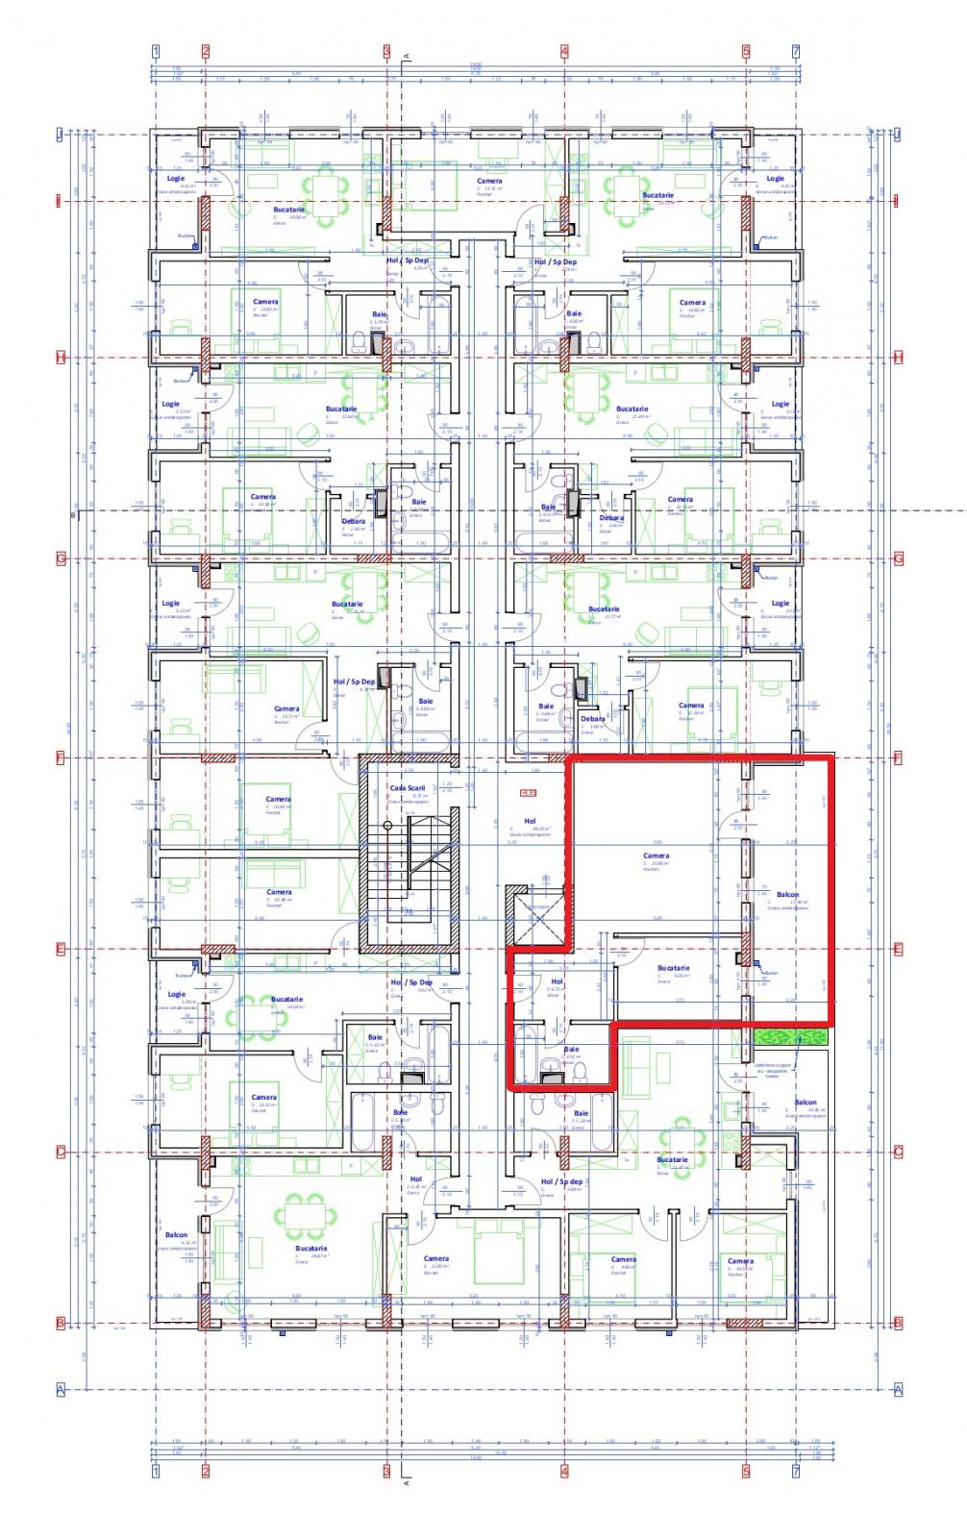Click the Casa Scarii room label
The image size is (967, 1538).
pyautogui.click(x=407, y=787)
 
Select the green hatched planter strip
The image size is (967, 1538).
pyautogui.click(x=789, y=1037)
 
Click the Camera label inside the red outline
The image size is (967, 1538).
pyautogui.click(x=656, y=855)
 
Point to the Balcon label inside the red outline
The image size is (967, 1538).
pyautogui.click(x=787, y=894)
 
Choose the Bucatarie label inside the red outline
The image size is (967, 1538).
pyautogui.click(x=673, y=968)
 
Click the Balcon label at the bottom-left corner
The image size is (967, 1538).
pyautogui.click(x=176, y=1234)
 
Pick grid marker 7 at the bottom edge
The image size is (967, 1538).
pyautogui.click(x=795, y=1471)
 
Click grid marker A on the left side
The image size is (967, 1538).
pyautogui.click(x=60, y=1389)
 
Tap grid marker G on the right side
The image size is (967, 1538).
pyautogui.click(x=899, y=558)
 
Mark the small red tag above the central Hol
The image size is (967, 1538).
pyautogui.click(x=527, y=793)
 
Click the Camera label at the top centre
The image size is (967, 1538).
pyautogui.click(x=489, y=181)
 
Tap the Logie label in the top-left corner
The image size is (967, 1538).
pyautogui.click(x=175, y=178)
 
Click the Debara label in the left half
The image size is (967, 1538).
pyautogui.click(x=353, y=521)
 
